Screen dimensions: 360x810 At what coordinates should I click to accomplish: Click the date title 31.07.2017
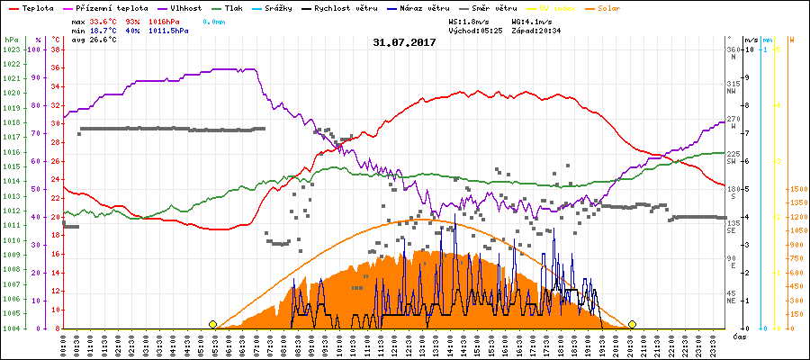pyautogui.click(x=404, y=41)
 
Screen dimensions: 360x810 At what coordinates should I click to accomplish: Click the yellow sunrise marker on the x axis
pyautogui.click(x=213, y=324)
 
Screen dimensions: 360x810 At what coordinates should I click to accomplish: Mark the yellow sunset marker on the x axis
pyautogui.click(x=633, y=324)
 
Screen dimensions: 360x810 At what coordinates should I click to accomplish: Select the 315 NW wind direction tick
pyautogui.click(x=733, y=86)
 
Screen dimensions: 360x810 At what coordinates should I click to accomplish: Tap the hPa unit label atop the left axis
pyautogui.click(x=10, y=40)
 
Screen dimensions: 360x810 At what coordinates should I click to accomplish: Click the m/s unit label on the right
pyautogui.click(x=751, y=40)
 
